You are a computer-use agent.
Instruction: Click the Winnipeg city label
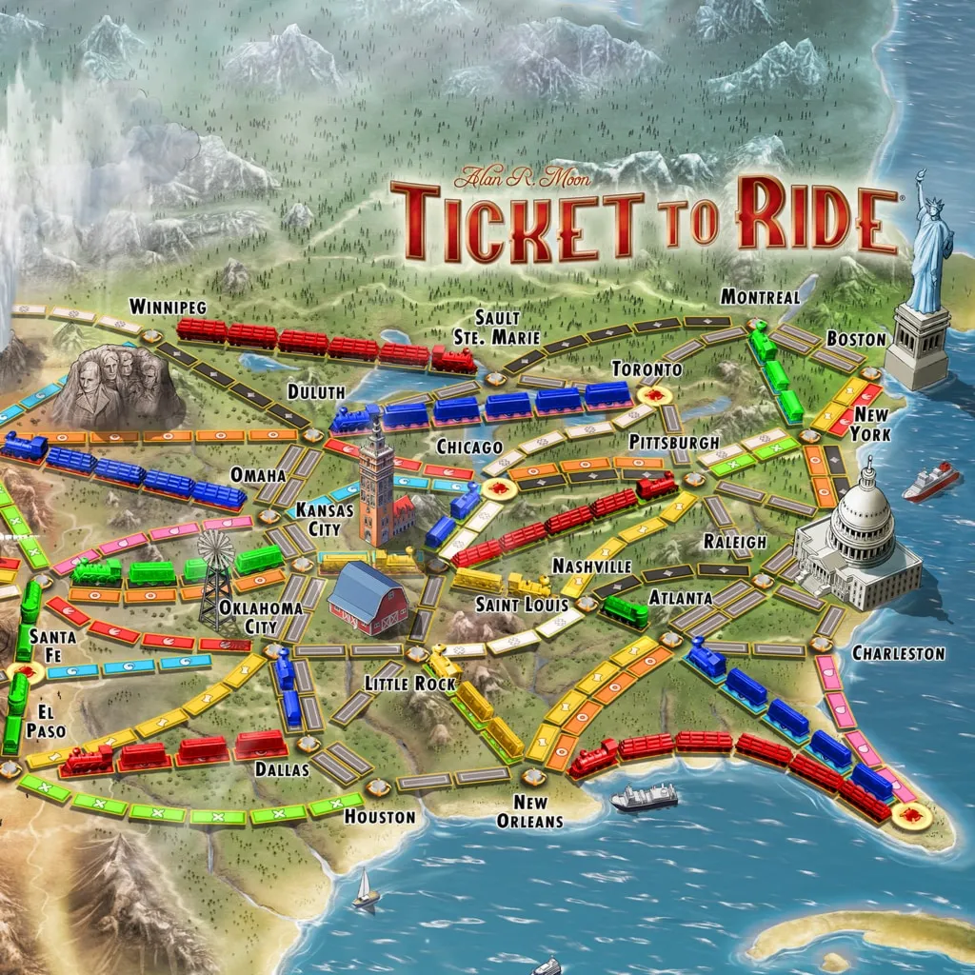click(169, 307)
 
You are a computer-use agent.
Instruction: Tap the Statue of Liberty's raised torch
click(921, 177)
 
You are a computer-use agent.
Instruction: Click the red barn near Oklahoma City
click(368, 598)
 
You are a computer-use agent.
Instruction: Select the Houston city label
click(380, 816)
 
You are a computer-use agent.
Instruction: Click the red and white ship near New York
click(930, 482)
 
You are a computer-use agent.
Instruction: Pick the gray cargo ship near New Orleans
click(645, 797)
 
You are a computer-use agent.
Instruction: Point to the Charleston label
click(898, 653)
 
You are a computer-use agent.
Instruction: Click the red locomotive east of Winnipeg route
click(453, 359)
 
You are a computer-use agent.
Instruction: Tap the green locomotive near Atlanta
click(626, 610)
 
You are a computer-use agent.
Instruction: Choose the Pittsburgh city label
click(674, 443)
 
